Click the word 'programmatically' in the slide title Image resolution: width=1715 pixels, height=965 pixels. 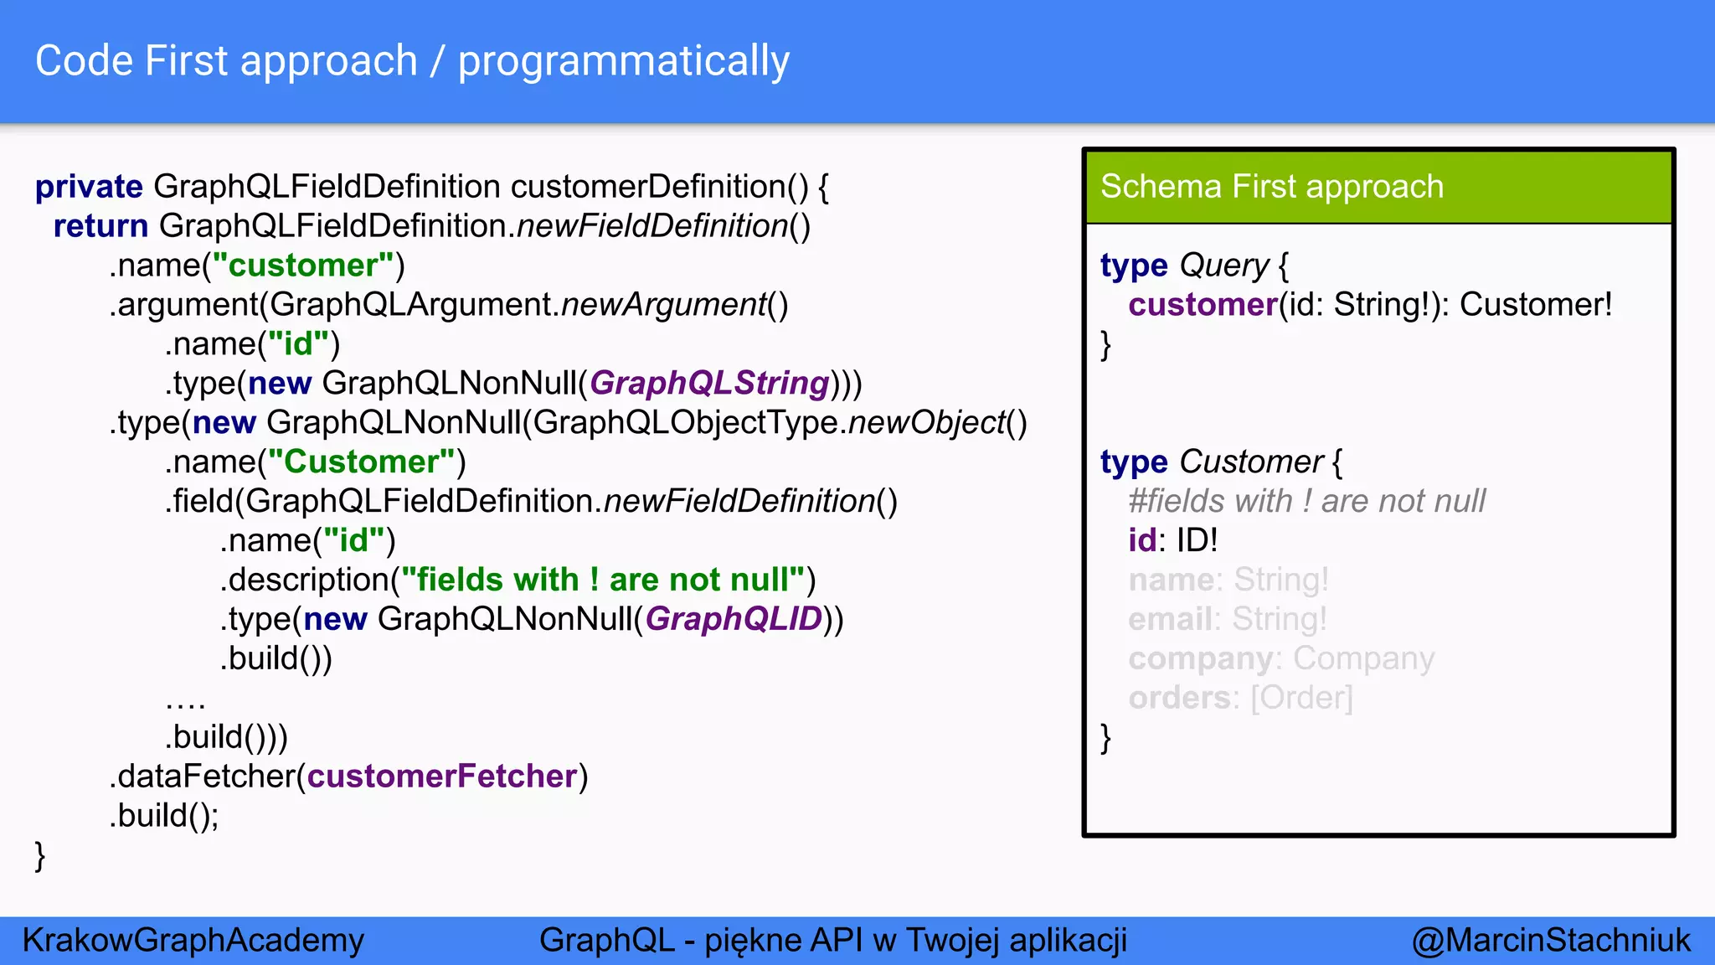[623, 62]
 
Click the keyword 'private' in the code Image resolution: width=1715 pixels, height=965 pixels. [89, 187]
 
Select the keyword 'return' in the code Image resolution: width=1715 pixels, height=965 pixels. [100, 226]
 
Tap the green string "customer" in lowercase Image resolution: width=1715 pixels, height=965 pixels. [302, 266]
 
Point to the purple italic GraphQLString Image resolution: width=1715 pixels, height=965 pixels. [708, 384]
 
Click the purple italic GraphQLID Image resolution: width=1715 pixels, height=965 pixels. [734, 619]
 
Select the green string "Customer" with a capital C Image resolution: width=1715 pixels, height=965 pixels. [361, 462]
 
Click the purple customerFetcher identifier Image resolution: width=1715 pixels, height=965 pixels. [442, 777]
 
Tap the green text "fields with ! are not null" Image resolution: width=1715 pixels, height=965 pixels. [602, 580]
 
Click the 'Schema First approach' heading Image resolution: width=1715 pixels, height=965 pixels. [1271, 187]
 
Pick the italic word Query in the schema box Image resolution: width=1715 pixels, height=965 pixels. [1223, 266]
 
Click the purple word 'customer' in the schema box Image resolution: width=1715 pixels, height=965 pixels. [1202, 305]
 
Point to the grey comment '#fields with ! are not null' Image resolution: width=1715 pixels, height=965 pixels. [1306, 502]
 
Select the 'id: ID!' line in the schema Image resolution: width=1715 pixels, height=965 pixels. [1172, 540]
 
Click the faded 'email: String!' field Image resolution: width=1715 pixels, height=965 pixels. [1227, 619]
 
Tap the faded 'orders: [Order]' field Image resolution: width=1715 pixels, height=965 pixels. [1240, 698]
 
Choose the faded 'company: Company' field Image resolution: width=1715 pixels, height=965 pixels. [1280, 658]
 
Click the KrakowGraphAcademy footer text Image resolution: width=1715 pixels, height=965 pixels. [193, 941]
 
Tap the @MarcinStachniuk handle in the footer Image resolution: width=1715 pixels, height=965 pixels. [1550, 941]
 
